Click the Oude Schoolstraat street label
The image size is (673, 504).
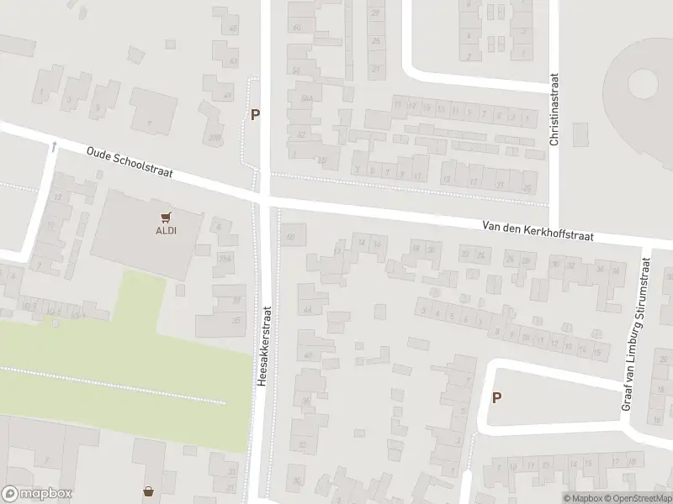(x=130, y=161)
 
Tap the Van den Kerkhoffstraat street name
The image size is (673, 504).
(x=538, y=231)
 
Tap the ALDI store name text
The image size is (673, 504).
(x=166, y=229)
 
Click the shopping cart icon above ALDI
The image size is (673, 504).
(x=166, y=216)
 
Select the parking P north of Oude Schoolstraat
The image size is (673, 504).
(x=254, y=115)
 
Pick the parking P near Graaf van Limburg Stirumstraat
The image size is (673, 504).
(x=496, y=398)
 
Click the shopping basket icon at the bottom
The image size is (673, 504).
(x=150, y=491)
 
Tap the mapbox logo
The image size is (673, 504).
(x=37, y=494)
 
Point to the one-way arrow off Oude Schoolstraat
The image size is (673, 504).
(x=55, y=147)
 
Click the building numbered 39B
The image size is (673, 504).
(x=215, y=137)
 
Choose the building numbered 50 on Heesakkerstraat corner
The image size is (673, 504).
(x=292, y=236)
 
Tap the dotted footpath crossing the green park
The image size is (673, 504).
(x=114, y=386)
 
